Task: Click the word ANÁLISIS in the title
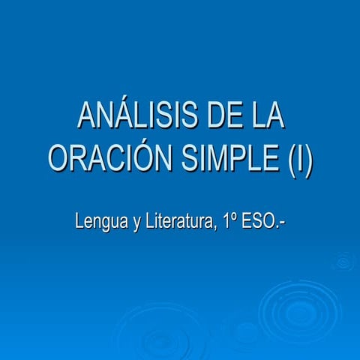click(132, 118)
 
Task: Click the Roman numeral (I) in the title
click(299, 159)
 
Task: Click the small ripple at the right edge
click(344, 261)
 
